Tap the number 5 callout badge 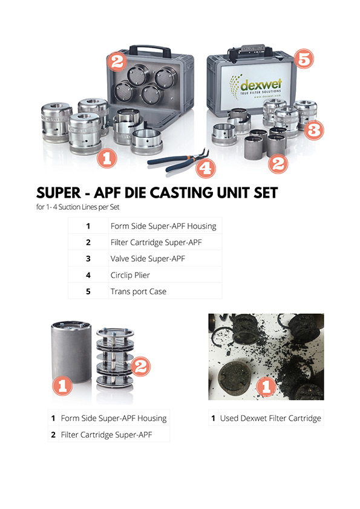pyautogui.click(x=304, y=59)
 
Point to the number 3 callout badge pyautogui.click(x=313, y=130)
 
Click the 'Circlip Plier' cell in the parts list pyautogui.click(x=130, y=274)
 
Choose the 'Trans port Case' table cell pyautogui.click(x=139, y=291)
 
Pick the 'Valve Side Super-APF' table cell pyautogui.click(x=148, y=258)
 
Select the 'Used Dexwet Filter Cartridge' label pyautogui.click(x=270, y=418)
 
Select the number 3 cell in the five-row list pyautogui.click(x=88, y=258)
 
